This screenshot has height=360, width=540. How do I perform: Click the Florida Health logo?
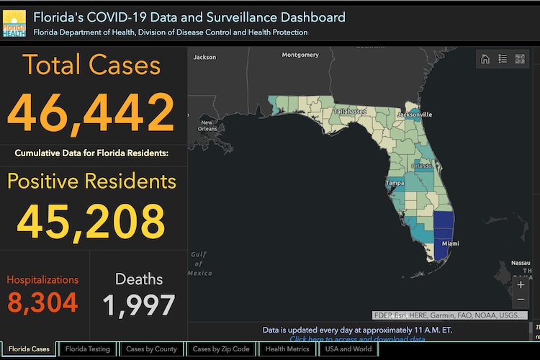14,23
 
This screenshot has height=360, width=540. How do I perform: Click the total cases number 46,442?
91,112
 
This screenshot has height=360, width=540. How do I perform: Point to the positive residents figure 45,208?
91,220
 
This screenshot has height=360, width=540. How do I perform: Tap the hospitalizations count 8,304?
43,302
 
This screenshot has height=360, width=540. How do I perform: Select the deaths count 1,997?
139,305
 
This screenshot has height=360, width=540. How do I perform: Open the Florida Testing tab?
88,349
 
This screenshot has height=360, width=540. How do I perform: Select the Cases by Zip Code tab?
221,349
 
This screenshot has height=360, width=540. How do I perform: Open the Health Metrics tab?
287,349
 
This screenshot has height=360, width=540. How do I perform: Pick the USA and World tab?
348,349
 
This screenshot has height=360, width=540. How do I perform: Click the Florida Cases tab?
29,349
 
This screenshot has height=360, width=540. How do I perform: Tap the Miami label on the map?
451,244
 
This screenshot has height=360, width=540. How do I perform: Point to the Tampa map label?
395,183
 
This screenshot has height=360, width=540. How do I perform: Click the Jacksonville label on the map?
414,114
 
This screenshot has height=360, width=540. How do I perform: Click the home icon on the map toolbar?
485,59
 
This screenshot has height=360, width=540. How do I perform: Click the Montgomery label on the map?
300,55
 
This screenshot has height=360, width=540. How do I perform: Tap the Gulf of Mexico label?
199,264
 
